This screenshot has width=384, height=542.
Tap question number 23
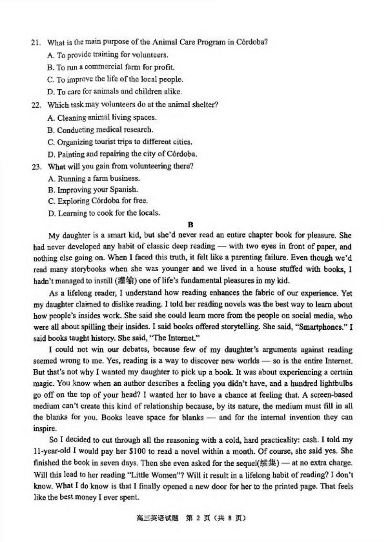click(x=36, y=167)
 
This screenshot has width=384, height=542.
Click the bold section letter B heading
click(x=191, y=224)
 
